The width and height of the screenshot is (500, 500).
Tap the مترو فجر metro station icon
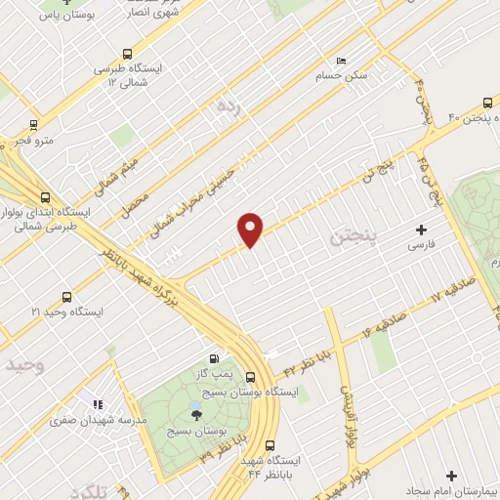[34, 124]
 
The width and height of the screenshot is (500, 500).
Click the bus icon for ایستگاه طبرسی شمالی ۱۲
[126, 55]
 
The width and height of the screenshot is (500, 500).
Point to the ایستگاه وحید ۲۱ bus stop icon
[66, 297]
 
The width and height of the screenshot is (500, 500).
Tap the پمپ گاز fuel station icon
[214, 357]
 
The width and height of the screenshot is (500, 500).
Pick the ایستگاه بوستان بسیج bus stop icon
[251, 377]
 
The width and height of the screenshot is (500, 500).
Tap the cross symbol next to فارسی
[422, 231]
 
